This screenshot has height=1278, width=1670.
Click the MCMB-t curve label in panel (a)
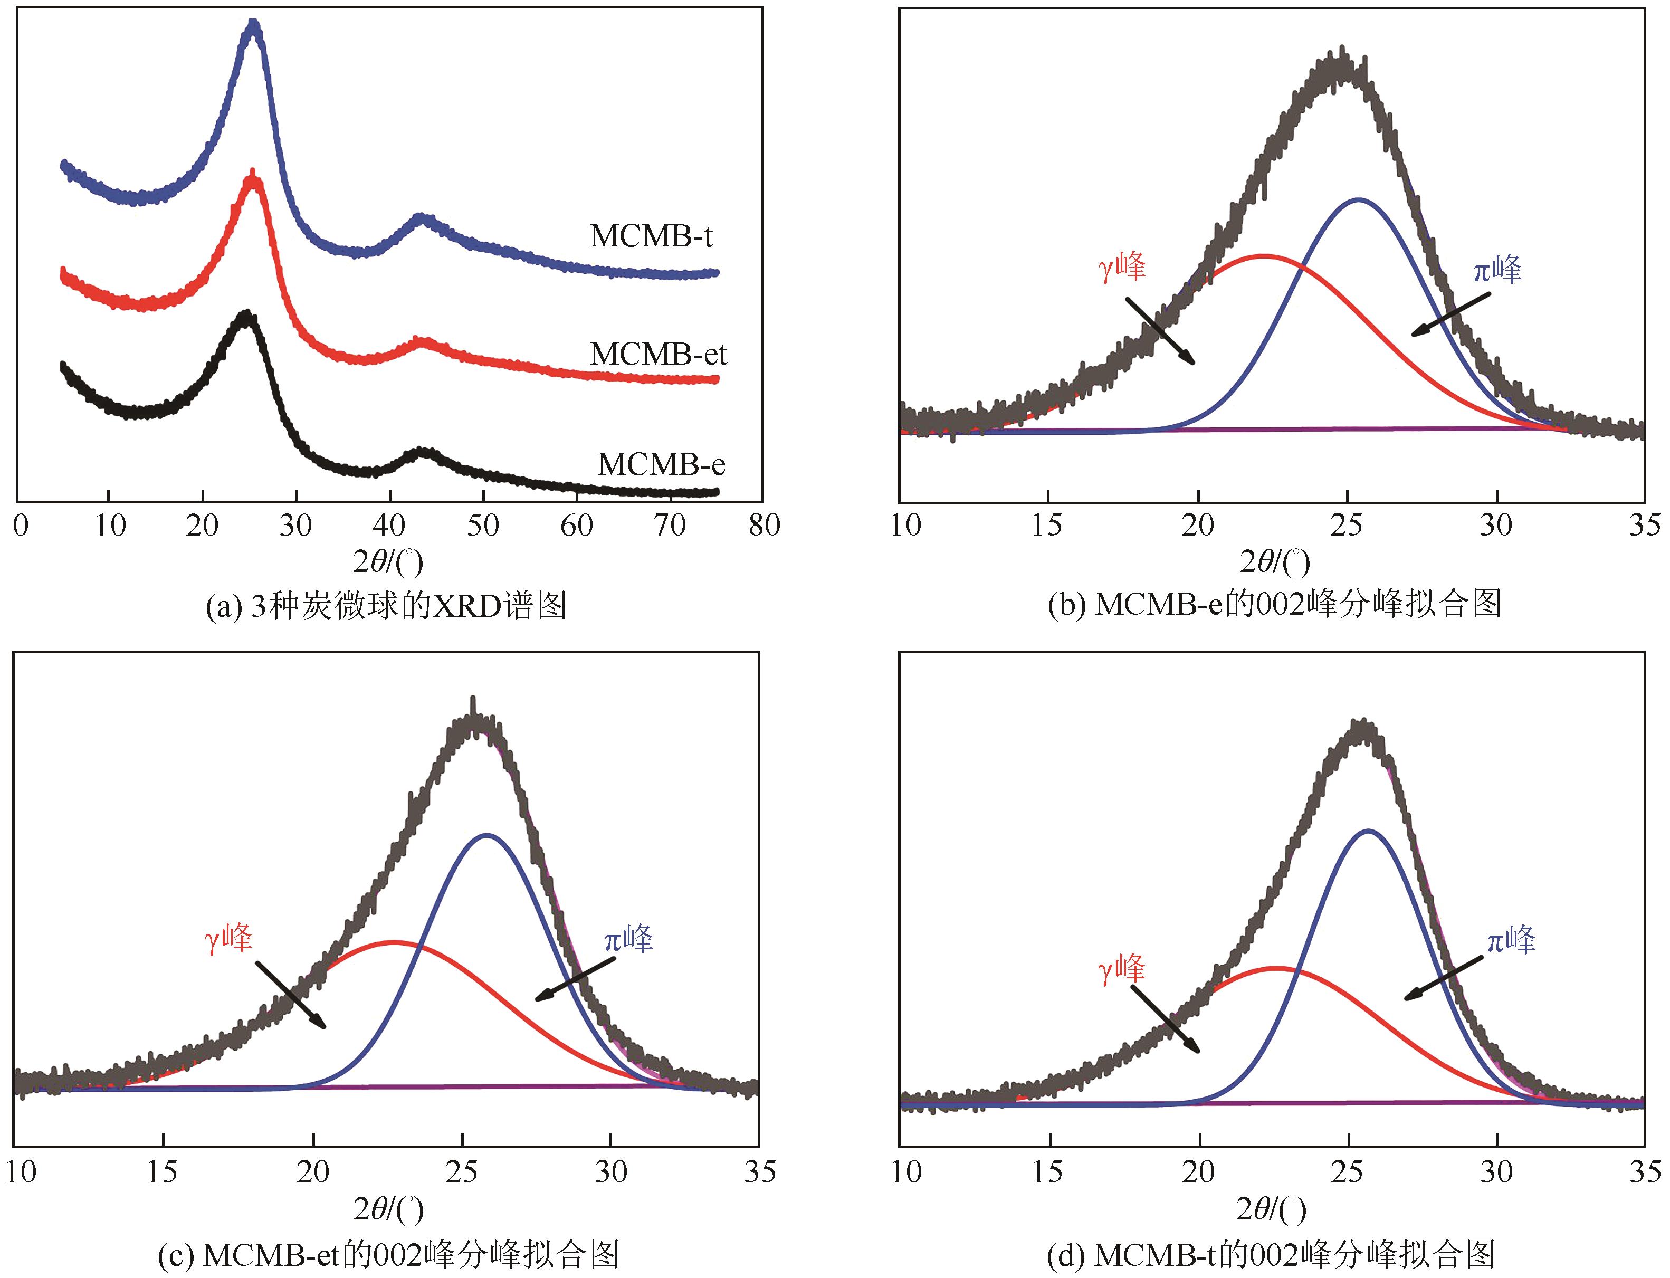pyautogui.click(x=651, y=236)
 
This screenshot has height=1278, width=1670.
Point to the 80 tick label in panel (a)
pyautogui.click(x=764, y=525)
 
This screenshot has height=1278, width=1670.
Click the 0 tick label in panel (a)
pyautogui.click(x=21, y=525)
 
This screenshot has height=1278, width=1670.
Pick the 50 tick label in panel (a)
pyautogui.click(x=483, y=525)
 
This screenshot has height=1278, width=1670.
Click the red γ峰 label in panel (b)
pyautogui.click(x=1122, y=268)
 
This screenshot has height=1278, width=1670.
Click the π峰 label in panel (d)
pyautogui.click(x=1511, y=941)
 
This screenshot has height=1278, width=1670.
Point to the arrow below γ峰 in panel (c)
pyautogui.click(x=291, y=994)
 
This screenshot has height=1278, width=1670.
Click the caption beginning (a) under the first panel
pyautogui.click(x=386, y=606)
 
